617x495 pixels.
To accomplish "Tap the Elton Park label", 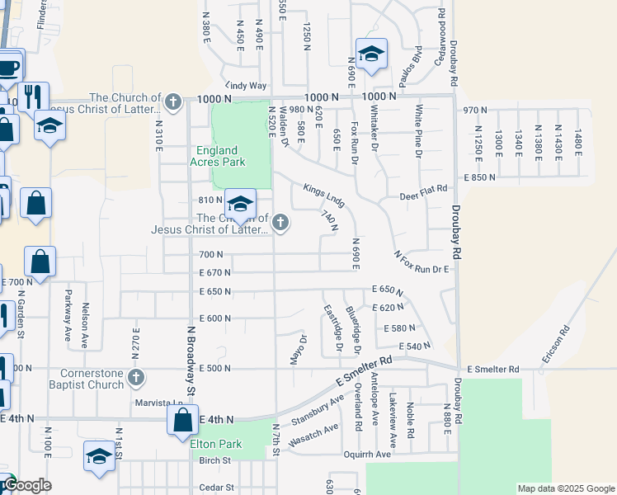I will [x=216, y=444].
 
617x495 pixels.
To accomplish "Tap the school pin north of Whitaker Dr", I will [x=371, y=54].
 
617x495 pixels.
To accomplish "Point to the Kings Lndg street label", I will [x=323, y=195].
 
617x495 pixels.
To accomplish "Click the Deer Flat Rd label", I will [x=423, y=188].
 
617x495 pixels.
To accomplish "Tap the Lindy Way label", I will [x=247, y=85].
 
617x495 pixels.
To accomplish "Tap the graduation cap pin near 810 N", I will [x=240, y=205].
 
